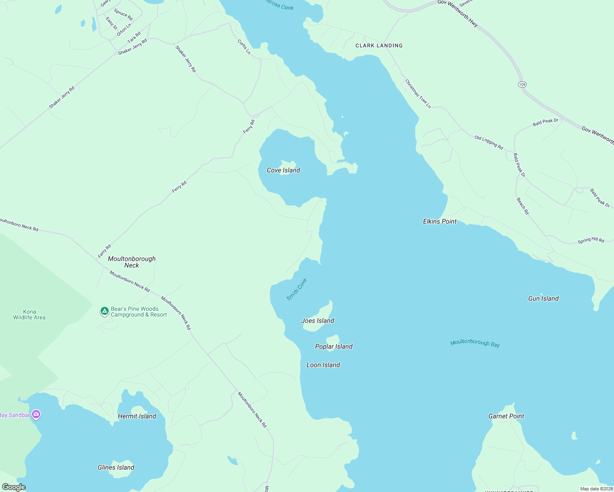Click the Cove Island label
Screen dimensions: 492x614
pos(283,170)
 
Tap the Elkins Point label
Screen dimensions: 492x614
pos(440,221)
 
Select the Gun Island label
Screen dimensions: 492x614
pos(543,298)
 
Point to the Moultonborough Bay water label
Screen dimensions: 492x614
pos(475,343)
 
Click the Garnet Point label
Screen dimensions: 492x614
pos(506,416)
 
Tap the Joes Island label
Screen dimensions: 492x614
pos(317,321)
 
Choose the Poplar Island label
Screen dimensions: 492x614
pos(334,346)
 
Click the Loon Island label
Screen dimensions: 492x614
pos(323,365)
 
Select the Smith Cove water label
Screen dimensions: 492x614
pos(297,289)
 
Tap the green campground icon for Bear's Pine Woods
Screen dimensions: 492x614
pos(105,312)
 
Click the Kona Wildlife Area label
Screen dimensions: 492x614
pos(29,314)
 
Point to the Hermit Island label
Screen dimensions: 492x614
pos(137,416)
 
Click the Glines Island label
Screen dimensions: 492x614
pos(116,467)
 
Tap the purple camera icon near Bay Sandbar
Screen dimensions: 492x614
pos(36,415)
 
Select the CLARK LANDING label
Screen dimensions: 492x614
pos(379,46)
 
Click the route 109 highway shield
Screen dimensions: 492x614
pos(522,84)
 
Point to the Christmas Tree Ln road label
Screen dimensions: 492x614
pos(418,94)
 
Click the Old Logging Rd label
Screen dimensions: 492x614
pos(488,142)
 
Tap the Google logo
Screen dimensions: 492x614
pos(14,487)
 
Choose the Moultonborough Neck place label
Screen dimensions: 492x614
pos(132,262)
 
